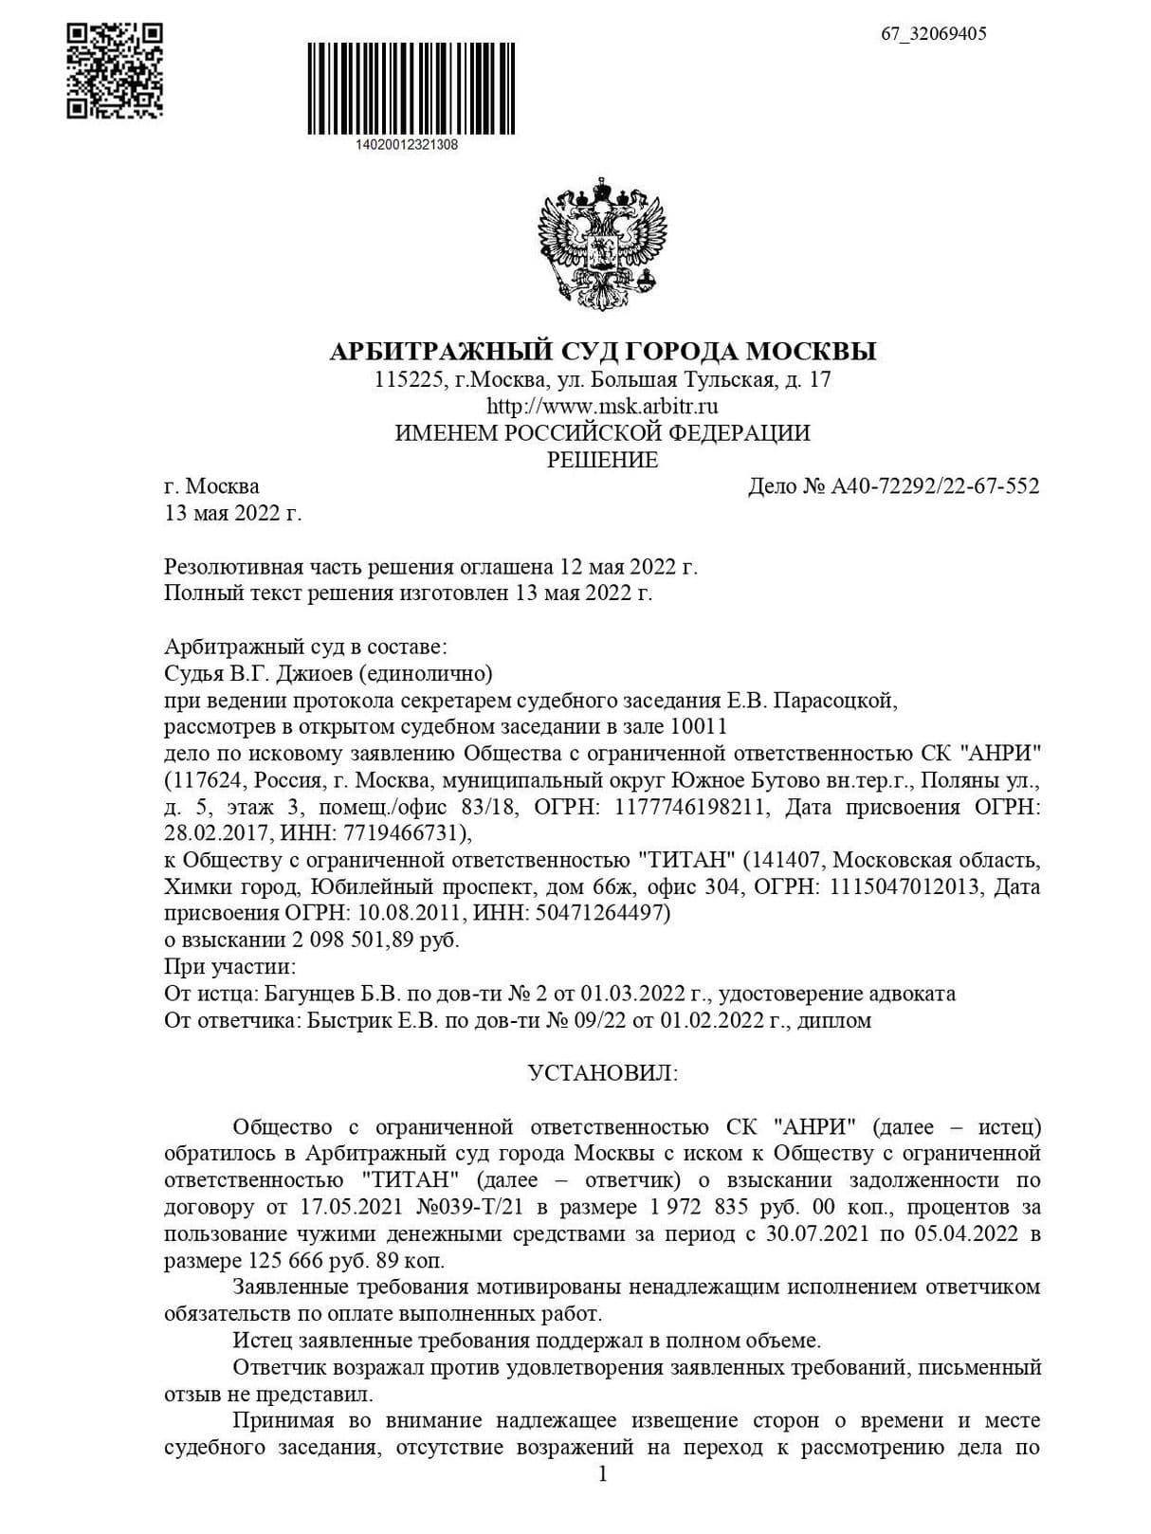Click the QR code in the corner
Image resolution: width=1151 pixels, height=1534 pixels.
coord(114,71)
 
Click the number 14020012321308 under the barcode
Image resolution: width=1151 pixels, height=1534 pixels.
coord(407,145)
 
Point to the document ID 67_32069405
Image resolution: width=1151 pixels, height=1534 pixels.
coord(933,34)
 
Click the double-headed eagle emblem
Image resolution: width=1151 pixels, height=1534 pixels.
coord(602,242)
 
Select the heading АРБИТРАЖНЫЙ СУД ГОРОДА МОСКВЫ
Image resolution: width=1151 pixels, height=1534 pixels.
coord(602,352)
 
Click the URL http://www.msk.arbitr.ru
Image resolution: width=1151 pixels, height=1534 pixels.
coord(602,407)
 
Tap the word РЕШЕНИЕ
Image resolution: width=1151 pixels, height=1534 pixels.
coord(602,461)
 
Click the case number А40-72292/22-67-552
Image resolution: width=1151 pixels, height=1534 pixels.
coord(935,486)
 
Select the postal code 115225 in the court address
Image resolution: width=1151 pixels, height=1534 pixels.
coord(407,380)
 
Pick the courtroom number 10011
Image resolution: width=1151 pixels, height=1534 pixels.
coord(697,727)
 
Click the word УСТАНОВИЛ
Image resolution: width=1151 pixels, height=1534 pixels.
coord(602,1073)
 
